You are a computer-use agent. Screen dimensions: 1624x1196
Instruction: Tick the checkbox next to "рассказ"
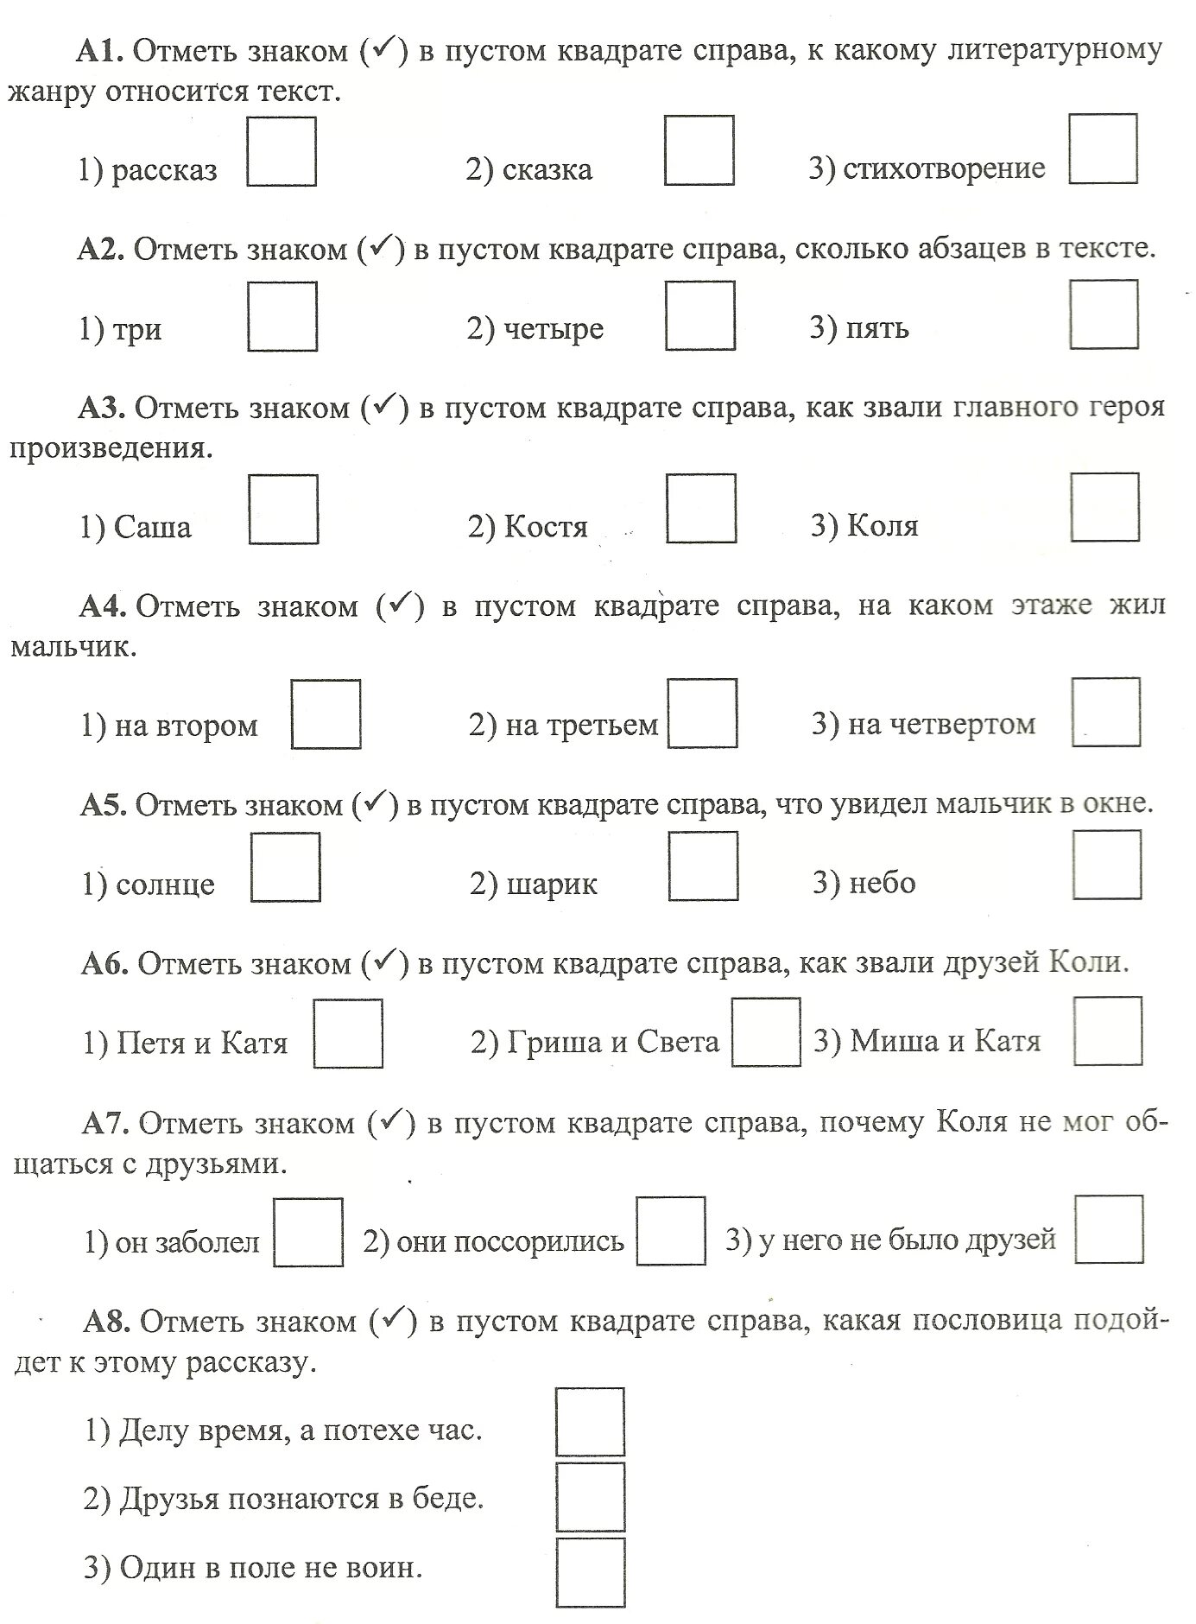(282, 152)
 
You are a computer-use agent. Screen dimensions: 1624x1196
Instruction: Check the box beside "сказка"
(699, 150)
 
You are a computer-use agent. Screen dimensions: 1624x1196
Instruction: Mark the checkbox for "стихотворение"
(1103, 149)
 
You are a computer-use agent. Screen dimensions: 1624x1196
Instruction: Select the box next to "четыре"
(700, 315)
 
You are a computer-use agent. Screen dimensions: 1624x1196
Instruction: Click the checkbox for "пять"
(1104, 314)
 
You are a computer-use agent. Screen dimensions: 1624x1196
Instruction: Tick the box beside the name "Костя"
(701, 508)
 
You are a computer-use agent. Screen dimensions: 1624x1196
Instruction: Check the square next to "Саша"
(283, 510)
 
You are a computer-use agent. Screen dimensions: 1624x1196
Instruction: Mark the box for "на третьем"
(702, 713)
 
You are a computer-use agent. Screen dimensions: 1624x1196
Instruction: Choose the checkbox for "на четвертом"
(1105, 712)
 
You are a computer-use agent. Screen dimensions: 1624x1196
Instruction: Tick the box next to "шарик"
(703, 866)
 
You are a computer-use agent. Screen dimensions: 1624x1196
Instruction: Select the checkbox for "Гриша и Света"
(766, 1032)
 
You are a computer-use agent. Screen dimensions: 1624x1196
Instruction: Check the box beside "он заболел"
(308, 1232)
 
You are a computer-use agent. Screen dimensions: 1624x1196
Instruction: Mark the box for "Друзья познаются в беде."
(590, 1497)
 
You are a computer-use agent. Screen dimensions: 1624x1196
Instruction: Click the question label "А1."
(101, 52)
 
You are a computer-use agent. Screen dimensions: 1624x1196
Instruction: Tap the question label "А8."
(108, 1321)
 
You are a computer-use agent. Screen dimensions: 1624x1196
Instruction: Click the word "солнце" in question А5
(165, 885)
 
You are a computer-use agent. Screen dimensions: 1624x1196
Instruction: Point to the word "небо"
(882, 883)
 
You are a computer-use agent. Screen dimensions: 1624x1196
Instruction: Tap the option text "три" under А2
(137, 330)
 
